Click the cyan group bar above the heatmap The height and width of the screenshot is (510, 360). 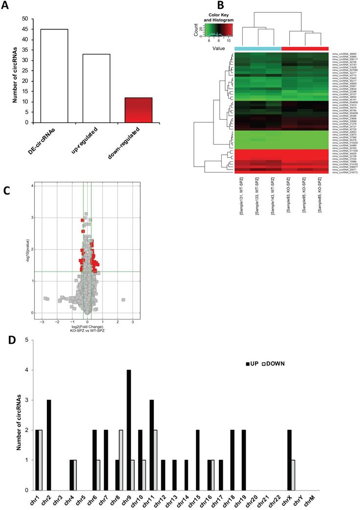pos(258,48)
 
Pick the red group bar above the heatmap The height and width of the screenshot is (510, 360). pos(305,48)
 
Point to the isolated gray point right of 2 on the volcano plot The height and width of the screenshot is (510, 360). pos(124,299)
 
